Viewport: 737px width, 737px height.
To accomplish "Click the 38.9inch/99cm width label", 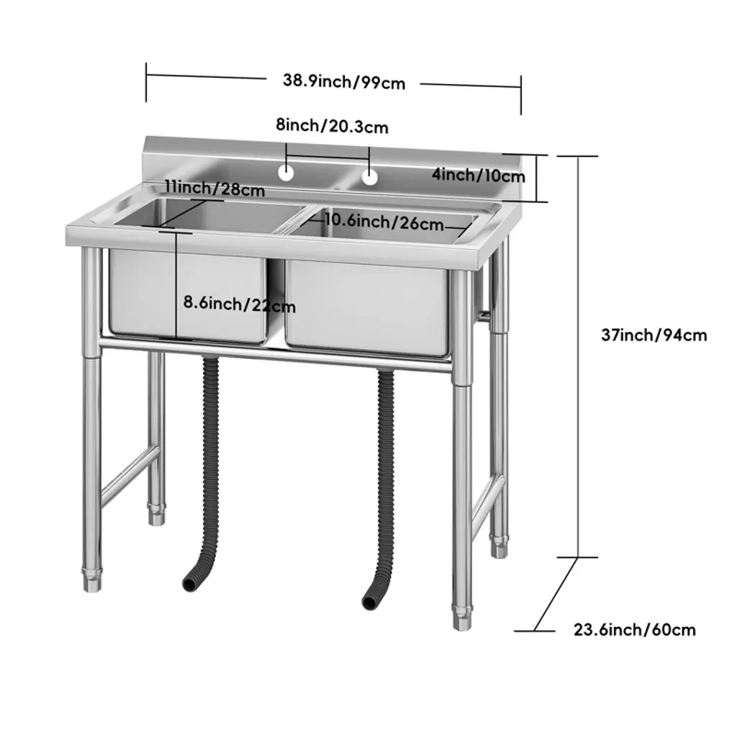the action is [x=344, y=82].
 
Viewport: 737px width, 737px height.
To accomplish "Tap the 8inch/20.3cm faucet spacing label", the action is [x=332, y=126].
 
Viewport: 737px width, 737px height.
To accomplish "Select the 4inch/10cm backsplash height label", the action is [x=479, y=176].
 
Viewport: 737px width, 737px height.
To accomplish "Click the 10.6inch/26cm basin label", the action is [x=384, y=222].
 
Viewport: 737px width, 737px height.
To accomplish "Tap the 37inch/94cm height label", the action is [x=654, y=335].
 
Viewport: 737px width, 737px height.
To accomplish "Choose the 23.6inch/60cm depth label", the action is [x=635, y=629].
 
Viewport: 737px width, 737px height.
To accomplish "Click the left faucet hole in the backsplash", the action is [x=286, y=173].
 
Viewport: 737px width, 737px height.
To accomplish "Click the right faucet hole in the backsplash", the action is [x=370, y=177].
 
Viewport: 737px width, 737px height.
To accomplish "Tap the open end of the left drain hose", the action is [x=189, y=584].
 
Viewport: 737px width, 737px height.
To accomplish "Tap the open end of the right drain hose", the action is [x=368, y=602].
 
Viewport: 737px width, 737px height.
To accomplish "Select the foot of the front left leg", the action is [x=92, y=580].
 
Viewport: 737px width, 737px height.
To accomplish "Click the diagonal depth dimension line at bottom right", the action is [x=556, y=594].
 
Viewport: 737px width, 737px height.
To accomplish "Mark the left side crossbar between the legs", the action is [x=130, y=473].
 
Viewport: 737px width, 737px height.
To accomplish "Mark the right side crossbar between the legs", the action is [x=489, y=501].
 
